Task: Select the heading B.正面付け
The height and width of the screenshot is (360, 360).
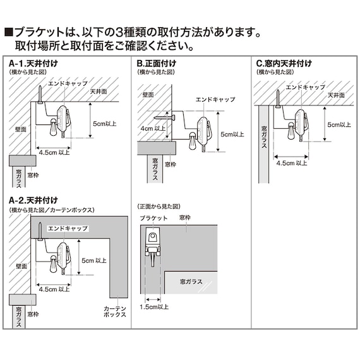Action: (x=157, y=64)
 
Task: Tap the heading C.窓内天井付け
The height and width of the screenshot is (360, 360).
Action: (x=284, y=64)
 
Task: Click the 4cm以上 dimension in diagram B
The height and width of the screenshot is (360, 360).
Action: (x=152, y=128)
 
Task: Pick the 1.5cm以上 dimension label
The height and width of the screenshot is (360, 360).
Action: (x=154, y=307)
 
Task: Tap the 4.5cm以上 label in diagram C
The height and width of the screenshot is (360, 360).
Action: (x=292, y=162)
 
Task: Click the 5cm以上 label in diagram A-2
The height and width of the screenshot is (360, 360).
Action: (x=94, y=260)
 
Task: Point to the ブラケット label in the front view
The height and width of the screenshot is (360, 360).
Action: (x=152, y=218)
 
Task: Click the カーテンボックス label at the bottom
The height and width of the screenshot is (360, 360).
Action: (x=115, y=310)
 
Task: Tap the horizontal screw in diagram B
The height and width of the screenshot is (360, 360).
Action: (x=161, y=116)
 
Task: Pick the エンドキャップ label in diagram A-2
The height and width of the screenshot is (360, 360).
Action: (x=68, y=227)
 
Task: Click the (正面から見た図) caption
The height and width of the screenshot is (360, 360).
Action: (x=158, y=207)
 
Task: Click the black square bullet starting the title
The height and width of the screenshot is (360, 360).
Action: (x=9, y=32)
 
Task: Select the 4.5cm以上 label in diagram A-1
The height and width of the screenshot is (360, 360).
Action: (x=54, y=152)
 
